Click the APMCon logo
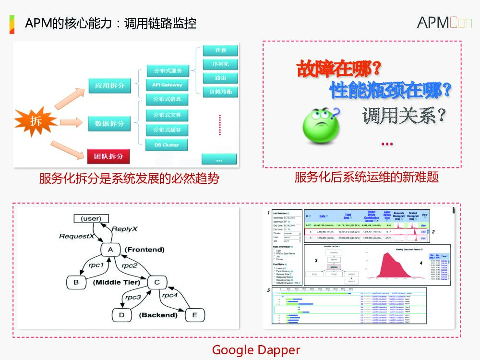(x=444, y=22)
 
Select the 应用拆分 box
(x=109, y=85)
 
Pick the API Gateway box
(x=168, y=85)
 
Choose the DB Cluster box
(x=167, y=144)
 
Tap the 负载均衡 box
(x=220, y=91)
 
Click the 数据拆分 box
(x=109, y=123)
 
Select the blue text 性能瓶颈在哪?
(x=391, y=89)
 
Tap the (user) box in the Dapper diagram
(x=91, y=218)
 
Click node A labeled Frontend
(x=110, y=250)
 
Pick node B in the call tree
(x=76, y=282)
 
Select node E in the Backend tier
(x=194, y=315)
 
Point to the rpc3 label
(x=132, y=298)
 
